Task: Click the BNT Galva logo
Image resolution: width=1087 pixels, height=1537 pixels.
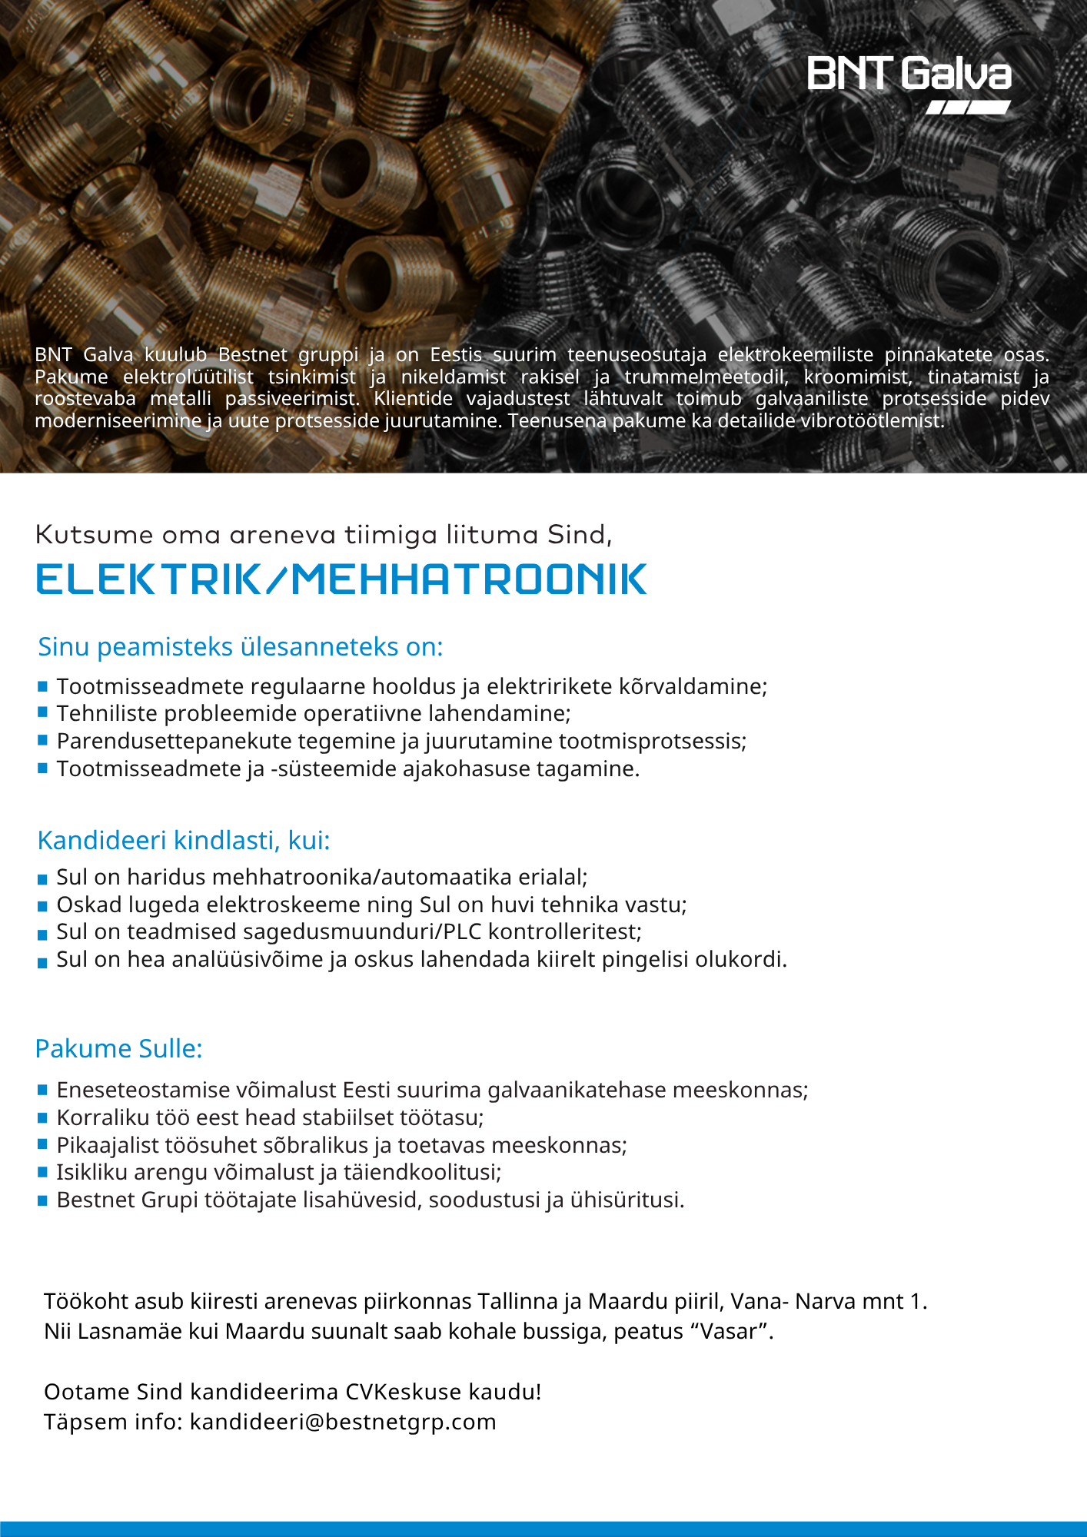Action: click(909, 83)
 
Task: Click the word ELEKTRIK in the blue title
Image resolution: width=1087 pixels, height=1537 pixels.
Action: click(148, 579)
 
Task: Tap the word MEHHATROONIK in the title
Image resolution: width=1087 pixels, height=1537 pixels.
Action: click(469, 579)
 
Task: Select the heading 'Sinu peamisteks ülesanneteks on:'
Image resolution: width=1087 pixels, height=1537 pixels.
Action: click(241, 647)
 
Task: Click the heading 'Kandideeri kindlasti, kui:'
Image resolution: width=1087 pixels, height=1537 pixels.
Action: click(184, 840)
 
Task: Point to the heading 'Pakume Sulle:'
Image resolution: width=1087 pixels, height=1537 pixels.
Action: click(119, 1048)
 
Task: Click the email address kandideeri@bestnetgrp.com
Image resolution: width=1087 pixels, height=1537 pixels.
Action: click(343, 1422)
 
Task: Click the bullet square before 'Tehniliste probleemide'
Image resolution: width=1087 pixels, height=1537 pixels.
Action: click(43, 712)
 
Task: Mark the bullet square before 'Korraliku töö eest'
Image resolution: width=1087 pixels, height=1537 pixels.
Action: click(43, 1117)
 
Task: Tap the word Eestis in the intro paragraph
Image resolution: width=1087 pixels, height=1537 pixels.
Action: click(456, 354)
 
